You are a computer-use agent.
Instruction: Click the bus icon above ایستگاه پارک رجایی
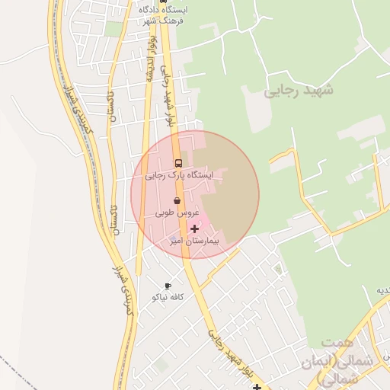click(178, 163)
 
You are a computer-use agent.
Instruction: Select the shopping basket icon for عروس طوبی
click(177, 200)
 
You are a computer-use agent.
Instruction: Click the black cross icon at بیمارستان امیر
click(194, 228)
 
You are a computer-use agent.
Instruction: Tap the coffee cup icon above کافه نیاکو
click(168, 286)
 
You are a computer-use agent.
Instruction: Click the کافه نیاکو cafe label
click(166, 296)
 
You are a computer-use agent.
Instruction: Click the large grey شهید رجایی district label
click(299, 91)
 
